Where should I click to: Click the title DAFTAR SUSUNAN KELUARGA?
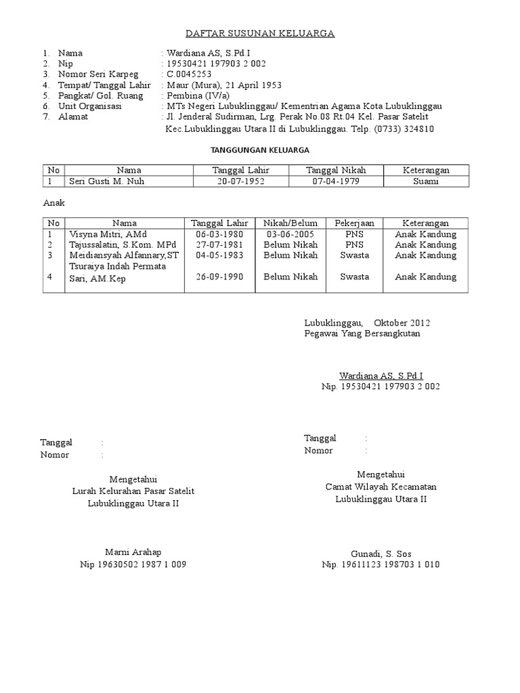pos(260,33)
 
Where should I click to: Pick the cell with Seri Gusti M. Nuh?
pos(107,181)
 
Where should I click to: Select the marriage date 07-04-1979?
pos(336,181)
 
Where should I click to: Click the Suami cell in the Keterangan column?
pos(427,181)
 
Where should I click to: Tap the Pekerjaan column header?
pos(355,223)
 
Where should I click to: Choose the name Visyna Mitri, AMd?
pos(102,234)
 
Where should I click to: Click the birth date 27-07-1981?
pos(219,244)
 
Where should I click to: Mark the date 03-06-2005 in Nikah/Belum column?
pos(290,234)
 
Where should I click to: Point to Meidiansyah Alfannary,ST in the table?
pos(124,255)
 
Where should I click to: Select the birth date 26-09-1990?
pos(219,276)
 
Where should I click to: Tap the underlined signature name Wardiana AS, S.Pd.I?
pos(381,375)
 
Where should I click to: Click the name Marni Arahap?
pos(133,552)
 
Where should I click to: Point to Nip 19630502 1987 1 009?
pos(133,564)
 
